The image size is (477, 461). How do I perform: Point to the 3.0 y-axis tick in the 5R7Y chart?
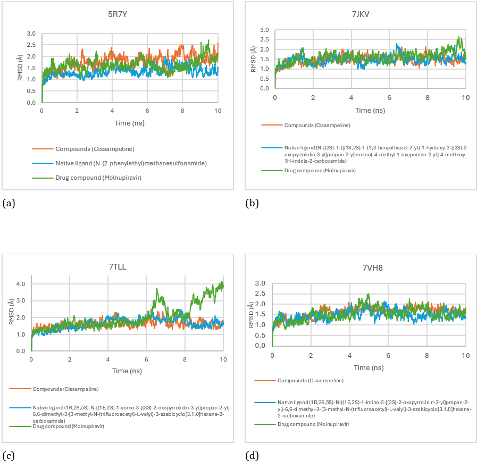(31, 33)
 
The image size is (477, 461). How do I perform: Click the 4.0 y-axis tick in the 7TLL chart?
(20, 284)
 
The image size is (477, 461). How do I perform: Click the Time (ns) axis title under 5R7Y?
(129, 123)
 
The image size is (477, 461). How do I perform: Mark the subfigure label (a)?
(7, 203)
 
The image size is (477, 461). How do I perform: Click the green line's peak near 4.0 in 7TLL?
(221, 282)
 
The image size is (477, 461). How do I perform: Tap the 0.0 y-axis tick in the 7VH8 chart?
(262, 346)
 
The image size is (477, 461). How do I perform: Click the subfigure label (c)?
(7, 455)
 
